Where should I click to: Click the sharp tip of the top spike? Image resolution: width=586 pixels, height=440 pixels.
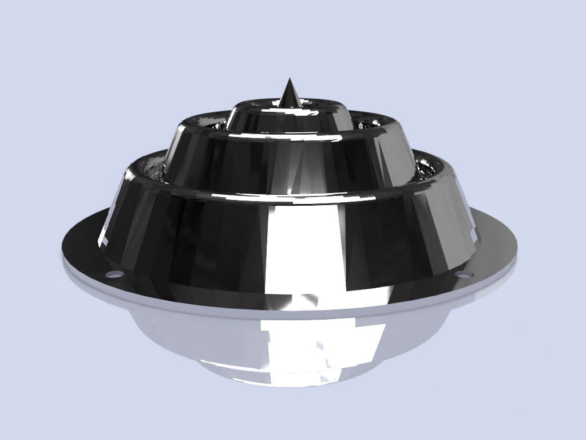click(290, 79)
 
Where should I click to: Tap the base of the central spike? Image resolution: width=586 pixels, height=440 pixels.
click(290, 105)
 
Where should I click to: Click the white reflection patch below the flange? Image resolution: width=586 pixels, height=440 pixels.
click(320, 344)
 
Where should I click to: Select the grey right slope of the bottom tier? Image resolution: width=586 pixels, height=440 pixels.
click(452, 223)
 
